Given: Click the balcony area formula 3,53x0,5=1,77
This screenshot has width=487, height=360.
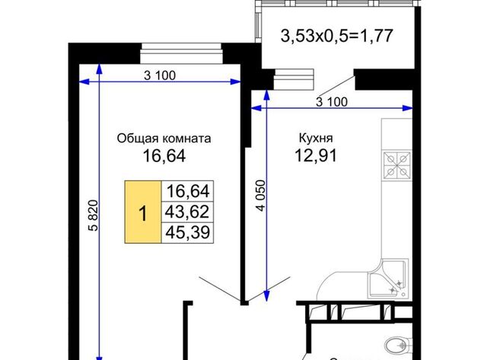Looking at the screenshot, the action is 337,36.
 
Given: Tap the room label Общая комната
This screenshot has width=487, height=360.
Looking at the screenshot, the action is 164,139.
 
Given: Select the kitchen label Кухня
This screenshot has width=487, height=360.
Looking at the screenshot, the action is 316,138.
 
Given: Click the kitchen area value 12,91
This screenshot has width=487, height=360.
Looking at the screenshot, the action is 316,155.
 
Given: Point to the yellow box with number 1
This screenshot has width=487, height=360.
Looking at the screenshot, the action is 143,212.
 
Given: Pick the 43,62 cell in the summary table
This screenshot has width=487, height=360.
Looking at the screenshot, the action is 187,212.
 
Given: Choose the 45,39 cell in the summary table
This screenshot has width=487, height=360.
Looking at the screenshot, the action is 187,232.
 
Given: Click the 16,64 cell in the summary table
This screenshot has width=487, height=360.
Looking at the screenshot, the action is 187,191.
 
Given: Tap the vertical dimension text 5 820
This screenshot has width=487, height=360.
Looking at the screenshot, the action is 93,215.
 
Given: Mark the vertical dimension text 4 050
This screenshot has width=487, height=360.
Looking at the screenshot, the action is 262,196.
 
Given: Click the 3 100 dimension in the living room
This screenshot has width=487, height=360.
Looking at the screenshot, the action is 160,75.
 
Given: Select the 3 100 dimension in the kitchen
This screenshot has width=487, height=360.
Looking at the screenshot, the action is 332,102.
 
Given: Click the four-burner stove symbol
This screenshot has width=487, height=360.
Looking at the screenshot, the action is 397,165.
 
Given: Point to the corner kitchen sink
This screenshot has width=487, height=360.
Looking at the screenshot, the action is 387,279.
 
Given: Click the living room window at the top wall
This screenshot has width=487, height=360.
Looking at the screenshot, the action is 182,53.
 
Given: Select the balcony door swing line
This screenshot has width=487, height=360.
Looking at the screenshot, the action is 336,85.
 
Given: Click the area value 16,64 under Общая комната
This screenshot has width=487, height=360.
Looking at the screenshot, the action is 164,155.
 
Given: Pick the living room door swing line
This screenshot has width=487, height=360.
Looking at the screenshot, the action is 220,288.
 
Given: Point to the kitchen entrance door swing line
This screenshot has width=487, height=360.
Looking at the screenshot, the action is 269,288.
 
